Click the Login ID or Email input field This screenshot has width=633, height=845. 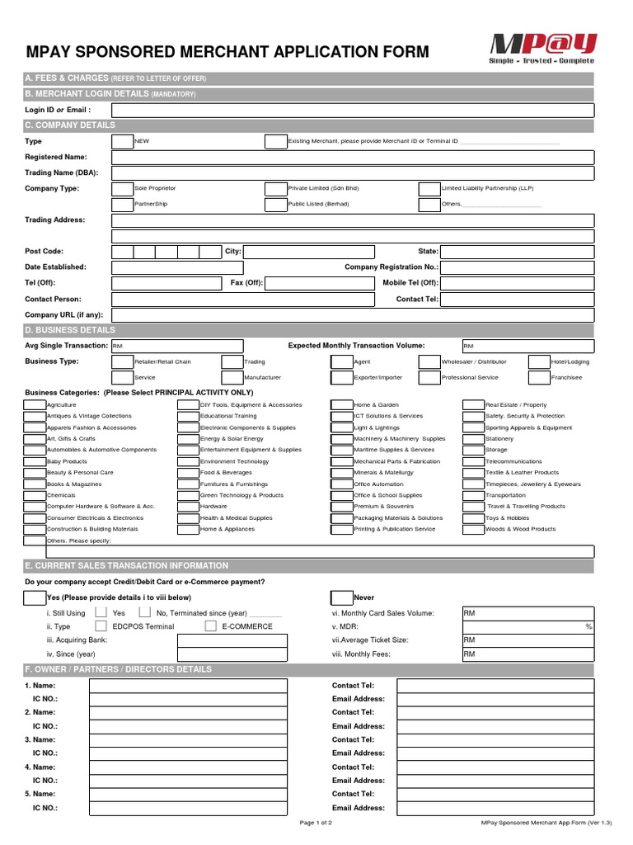click(352, 111)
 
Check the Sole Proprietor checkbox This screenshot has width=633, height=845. click(122, 189)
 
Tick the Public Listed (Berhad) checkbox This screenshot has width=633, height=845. click(275, 205)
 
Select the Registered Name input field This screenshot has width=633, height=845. click(352, 158)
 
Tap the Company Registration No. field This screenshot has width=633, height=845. click(517, 268)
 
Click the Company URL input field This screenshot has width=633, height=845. click(352, 315)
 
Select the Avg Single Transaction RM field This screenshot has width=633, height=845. click(177, 346)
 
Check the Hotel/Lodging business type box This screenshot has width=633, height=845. click(539, 362)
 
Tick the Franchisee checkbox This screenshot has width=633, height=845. click(539, 378)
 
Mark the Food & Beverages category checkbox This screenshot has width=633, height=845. click(189, 473)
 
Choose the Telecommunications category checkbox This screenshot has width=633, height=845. click(473, 461)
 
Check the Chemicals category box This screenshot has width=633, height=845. click(35, 495)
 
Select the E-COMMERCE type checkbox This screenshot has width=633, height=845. click(210, 626)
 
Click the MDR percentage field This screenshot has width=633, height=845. click(527, 627)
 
